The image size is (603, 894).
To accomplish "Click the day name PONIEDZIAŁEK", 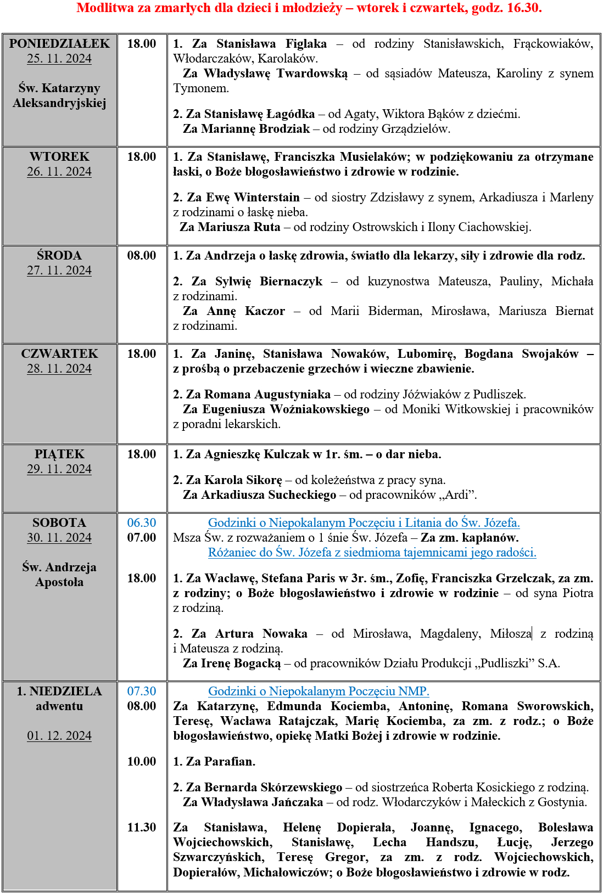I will (59, 44).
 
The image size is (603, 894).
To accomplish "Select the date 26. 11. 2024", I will (59, 172).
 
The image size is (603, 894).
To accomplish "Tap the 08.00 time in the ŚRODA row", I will (142, 256).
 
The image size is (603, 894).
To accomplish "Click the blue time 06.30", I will (142, 523).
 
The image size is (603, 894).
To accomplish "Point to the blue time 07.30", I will (142, 691).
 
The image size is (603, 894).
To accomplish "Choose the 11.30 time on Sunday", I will (142, 828).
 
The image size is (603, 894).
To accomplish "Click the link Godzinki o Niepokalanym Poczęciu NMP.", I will (319, 691).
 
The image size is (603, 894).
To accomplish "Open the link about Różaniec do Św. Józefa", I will (372, 553).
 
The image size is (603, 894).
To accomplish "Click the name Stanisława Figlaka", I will (271, 44).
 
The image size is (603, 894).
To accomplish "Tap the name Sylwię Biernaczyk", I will (269, 282).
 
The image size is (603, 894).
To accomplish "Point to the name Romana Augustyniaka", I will (267, 395).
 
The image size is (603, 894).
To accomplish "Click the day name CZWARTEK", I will (59, 354).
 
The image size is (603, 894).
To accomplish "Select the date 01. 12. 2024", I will (59, 736).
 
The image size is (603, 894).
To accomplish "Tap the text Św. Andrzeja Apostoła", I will (59, 575).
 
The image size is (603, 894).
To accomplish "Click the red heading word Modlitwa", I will (104, 8).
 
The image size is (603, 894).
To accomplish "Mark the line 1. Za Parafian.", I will (214, 762).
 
